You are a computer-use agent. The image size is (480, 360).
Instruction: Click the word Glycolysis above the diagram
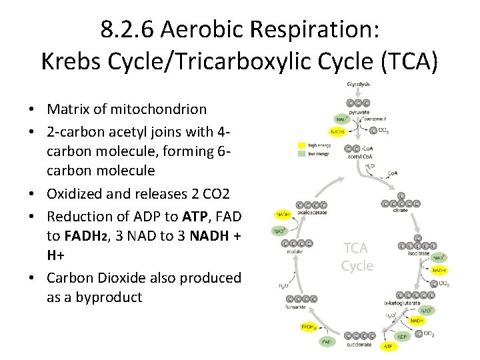[x=358, y=84]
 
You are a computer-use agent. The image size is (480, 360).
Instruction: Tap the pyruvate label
[x=359, y=112]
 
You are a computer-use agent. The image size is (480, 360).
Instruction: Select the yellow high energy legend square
[x=301, y=145]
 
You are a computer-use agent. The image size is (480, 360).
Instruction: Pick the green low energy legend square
[x=301, y=153]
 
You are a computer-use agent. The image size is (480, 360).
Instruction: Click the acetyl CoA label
[x=359, y=157]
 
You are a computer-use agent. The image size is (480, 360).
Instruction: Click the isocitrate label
[x=419, y=254]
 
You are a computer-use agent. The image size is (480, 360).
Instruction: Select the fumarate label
[x=297, y=307]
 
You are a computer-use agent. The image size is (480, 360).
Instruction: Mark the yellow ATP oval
[x=388, y=347]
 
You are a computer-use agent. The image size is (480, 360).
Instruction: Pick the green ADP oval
[x=403, y=336]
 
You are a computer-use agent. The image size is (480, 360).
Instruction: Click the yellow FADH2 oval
[x=309, y=327]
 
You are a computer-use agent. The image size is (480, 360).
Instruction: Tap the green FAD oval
[x=326, y=342]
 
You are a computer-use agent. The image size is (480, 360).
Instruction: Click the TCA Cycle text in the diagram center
[x=357, y=257]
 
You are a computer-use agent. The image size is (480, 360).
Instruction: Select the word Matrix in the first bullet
[x=67, y=109]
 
